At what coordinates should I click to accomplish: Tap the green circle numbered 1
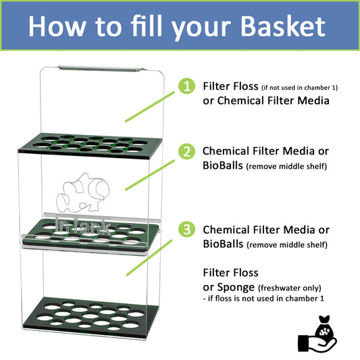[185, 86]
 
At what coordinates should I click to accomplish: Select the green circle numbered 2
[185, 152]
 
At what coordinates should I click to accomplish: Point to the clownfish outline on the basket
[84, 196]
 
